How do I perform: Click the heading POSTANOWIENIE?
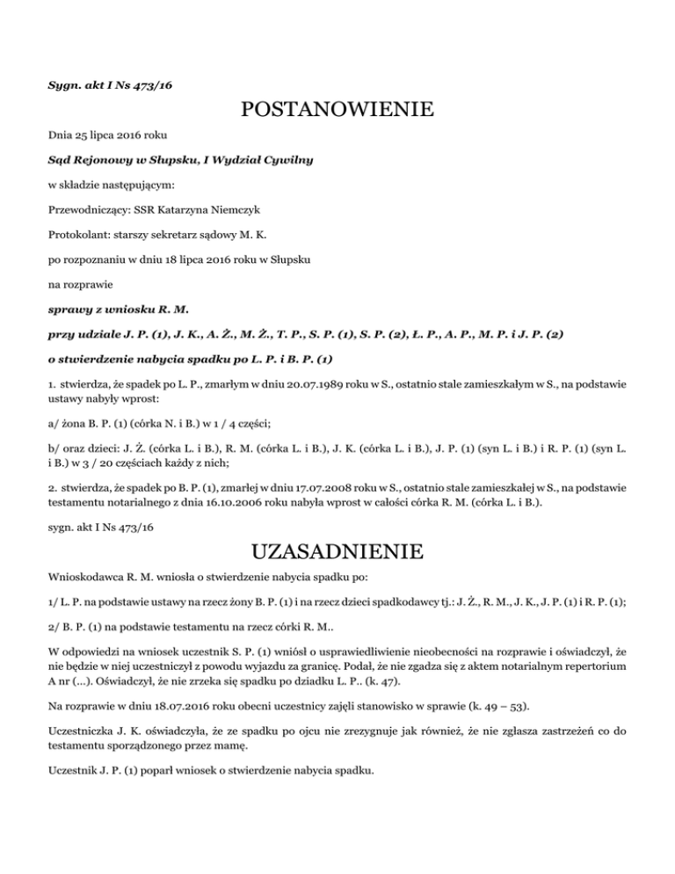tap(337, 111)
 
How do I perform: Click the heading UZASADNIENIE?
tap(337, 553)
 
